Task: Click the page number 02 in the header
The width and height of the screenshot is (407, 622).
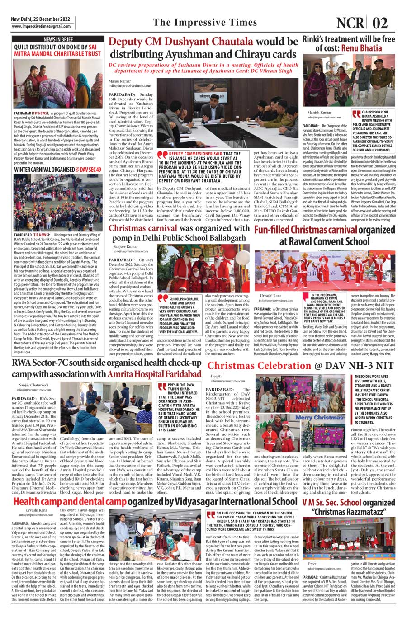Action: point(381,23)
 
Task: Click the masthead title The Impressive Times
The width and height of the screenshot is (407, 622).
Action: point(204,23)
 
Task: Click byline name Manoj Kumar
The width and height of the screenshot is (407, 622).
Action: point(119,81)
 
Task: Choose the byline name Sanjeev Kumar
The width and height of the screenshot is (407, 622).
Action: point(126,247)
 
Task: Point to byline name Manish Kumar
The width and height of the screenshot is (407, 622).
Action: point(320,113)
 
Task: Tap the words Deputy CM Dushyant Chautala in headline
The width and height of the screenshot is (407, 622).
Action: point(181,42)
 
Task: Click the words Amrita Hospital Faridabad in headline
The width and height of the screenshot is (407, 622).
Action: point(154,374)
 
